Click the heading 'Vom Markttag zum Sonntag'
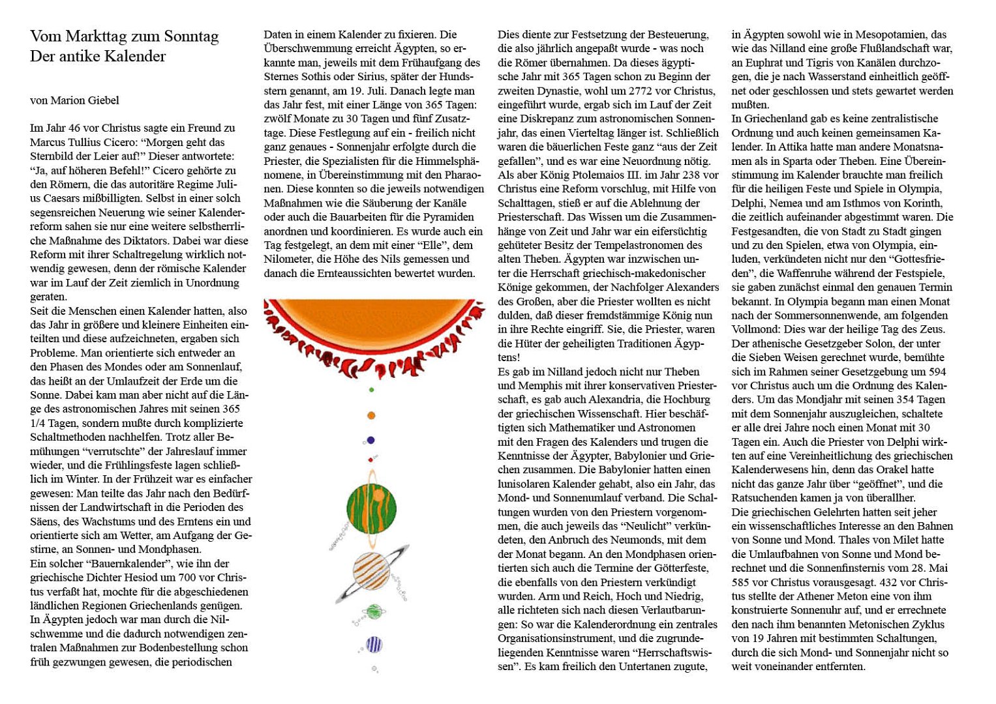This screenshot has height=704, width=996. click(124, 37)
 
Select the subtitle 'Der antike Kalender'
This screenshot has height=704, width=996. click(98, 56)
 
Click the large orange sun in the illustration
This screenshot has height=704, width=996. click(374, 319)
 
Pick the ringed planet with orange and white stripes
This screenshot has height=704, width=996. click(372, 572)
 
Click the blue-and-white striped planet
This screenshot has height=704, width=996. click(374, 645)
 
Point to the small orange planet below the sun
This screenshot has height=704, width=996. click(371, 415)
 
